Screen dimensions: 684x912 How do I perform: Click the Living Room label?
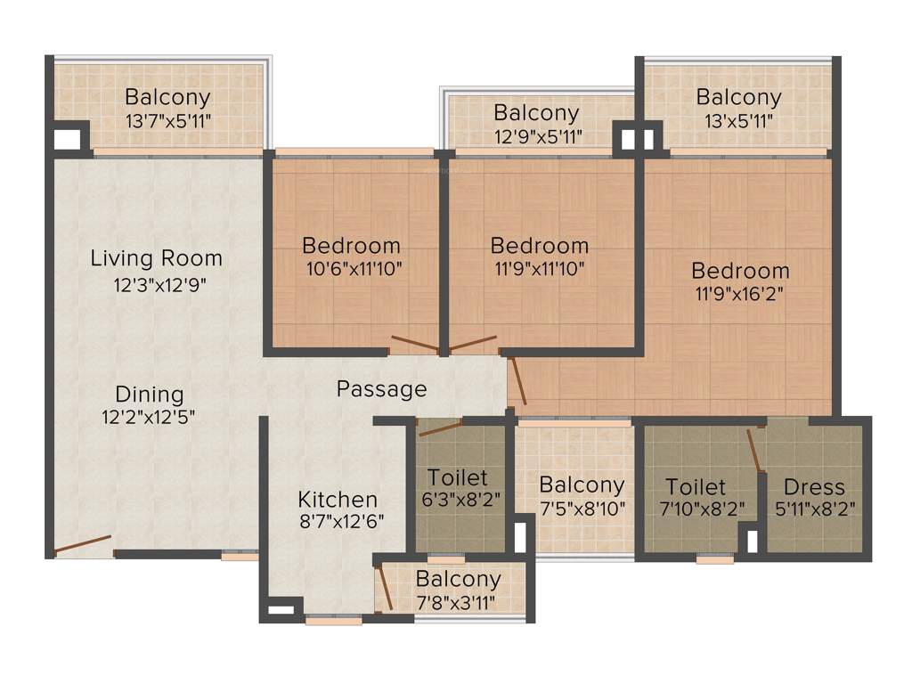(x=156, y=258)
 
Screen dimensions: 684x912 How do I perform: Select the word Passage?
(x=381, y=389)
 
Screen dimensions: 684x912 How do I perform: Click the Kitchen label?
(x=338, y=499)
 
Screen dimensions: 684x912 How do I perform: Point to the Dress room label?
(x=814, y=487)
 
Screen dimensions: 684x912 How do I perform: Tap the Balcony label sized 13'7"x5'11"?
(x=167, y=96)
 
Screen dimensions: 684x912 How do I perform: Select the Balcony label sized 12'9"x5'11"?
(x=536, y=113)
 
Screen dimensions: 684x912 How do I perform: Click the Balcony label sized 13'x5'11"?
(x=738, y=96)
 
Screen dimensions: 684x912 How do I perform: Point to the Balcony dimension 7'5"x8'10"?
(x=582, y=509)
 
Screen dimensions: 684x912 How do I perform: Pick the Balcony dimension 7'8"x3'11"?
(x=458, y=602)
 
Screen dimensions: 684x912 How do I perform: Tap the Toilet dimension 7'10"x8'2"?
(x=696, y=509)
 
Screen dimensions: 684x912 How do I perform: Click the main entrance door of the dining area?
(x=83, y=544)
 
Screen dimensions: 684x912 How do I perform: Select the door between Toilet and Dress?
(x=755, y=450)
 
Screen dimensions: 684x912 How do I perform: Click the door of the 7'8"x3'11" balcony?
(x=386, y=588)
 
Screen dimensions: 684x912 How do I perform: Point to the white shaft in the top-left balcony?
(x=67, y=140)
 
